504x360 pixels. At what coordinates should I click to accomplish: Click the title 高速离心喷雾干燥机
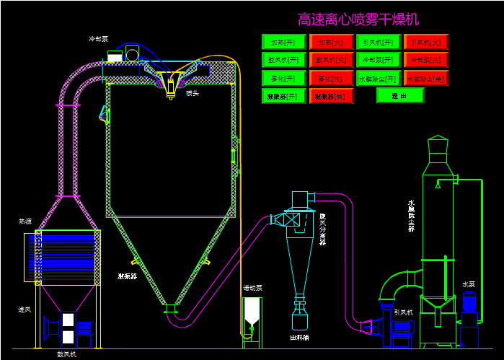point(358,19)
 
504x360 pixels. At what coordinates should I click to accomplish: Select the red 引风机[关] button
point(426,42)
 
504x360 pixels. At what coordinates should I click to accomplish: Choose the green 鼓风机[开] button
point(283,60)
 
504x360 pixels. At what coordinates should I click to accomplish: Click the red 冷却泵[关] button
point(426,60)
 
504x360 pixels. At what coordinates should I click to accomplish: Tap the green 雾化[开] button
point(283,78)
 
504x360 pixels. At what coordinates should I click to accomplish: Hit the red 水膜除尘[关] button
point(426,78)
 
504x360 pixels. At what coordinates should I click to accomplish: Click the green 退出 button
point(399,95)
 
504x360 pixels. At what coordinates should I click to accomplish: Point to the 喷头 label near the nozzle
point(193,93)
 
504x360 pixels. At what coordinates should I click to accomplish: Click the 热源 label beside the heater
point(25,221)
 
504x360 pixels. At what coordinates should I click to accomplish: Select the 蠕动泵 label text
point(252,288)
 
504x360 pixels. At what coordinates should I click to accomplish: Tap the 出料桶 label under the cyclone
point(299,337)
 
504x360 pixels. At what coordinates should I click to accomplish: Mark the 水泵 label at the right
point(469,284)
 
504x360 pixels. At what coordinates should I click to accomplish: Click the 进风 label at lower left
point(25,309)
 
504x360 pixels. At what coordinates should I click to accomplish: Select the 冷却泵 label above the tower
point(98,39)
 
